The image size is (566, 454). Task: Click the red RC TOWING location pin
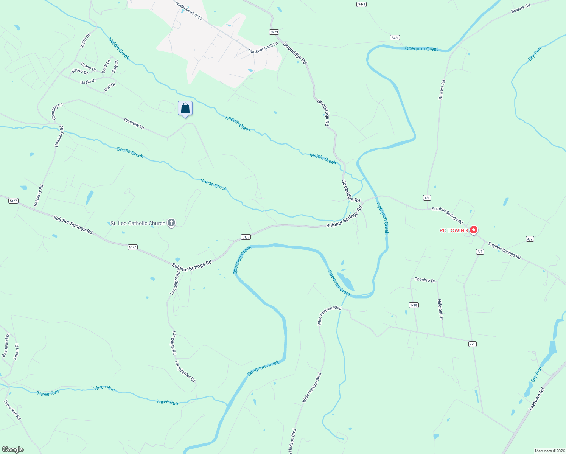tap(473, 229)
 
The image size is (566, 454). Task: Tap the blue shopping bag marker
tap(185, 109)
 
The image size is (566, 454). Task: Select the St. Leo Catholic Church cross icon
tap(171, 223)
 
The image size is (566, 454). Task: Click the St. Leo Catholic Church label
tap(138, 223)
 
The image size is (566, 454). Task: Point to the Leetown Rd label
tap(537, 399)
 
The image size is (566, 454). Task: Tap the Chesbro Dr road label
tap(424, 280)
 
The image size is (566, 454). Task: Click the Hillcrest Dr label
tap(440, 309)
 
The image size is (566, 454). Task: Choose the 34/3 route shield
tap(274, 32)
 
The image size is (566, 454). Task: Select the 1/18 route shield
tap(414, 305)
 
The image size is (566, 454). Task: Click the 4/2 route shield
tap(530, 239)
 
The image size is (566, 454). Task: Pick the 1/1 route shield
tap(427, 198)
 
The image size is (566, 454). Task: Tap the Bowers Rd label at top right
tap(521, 9)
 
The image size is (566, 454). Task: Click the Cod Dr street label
tap(110, 87)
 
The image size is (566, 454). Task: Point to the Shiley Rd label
tap(86, 40)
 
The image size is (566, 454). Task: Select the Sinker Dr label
tap(80, 71)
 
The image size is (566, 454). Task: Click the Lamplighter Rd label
tap(185, 371)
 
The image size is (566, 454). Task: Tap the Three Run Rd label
tap(12, 409)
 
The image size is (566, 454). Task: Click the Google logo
tap(13, 449)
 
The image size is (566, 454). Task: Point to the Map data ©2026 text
tap(550, 451)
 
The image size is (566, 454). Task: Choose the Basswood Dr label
tap(5, 345)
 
